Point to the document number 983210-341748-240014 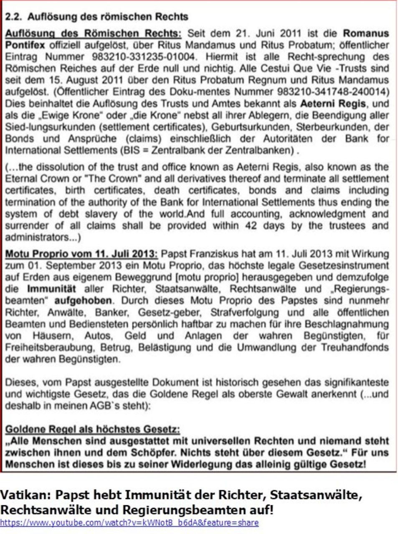coord(332,92)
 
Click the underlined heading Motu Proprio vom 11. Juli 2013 coord(81,254)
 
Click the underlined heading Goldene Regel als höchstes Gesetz coord(92,429)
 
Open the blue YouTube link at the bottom coord(129,522)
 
